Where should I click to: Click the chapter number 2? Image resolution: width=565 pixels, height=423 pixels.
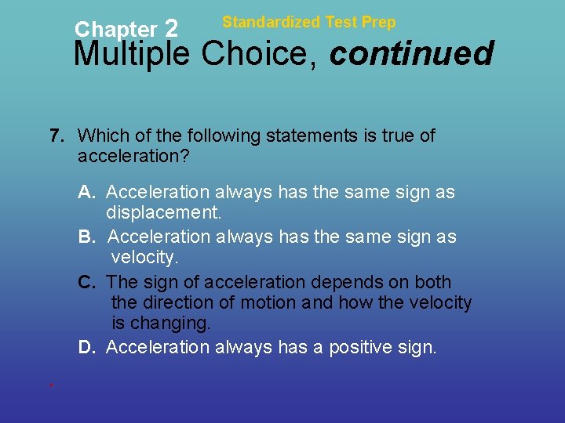pyautogui.click(x=173, y=29)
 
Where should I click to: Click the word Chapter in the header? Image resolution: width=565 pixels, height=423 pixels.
pyautogui.click(x=115, y=30)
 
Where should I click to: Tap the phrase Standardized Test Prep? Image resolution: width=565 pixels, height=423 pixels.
pyautogui.click(x=308, y=22)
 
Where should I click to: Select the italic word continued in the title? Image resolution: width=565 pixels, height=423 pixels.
pyautogui.click(x=411, y=54)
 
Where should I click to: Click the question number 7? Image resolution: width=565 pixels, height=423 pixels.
pyautogui.click(x=56, y=136)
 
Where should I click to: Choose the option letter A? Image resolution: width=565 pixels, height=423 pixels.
pyautogui.click(x=87, y=192)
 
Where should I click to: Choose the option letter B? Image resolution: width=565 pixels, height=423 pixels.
pyautogui.click(x=87, y=237)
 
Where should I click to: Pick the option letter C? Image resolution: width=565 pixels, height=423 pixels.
pyautogui.click(x=87, y=282)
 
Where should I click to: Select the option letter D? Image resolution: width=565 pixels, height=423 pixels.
pyautogui.click(x=87, y=347)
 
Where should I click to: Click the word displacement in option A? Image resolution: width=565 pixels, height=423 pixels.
pyautogui.click(x=164, y=213)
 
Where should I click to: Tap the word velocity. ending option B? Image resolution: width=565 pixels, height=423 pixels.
pyautogui.click(x=145, y=258)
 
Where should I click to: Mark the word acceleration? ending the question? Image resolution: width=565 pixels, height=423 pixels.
pyautogui.click(x=133, y=157)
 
